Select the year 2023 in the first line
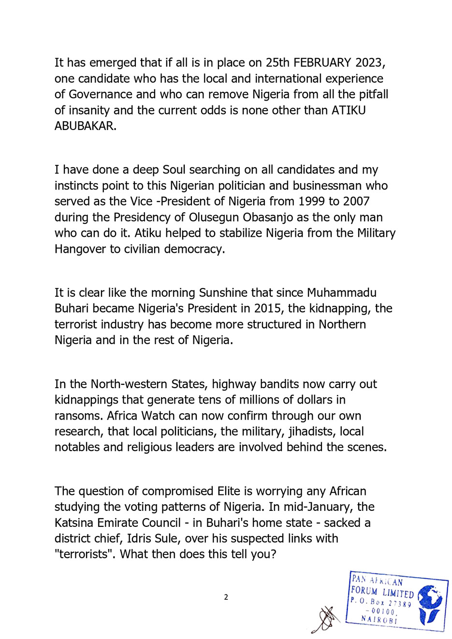click(x=369, y=63)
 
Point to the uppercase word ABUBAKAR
click(x=85, y=126)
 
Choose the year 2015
click(x=268, y=308)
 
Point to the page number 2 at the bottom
click(x=226, y=597)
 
